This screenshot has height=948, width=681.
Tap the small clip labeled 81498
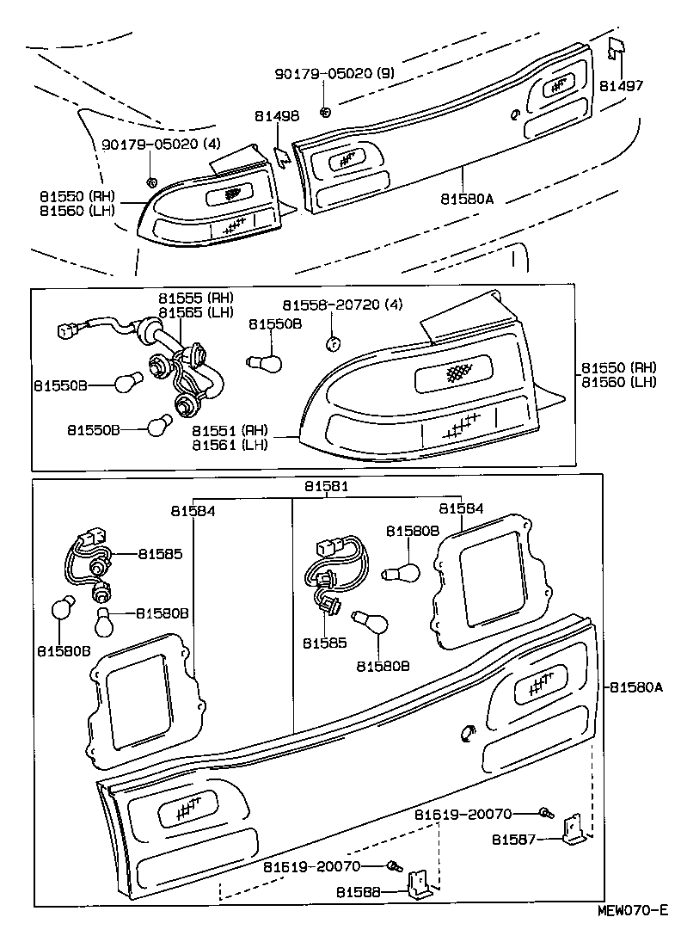tap(281, 155)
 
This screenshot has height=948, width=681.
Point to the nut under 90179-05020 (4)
tap(151, 181)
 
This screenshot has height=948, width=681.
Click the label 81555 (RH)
tap(195, 299)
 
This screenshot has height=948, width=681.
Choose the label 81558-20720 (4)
tap(342, 305)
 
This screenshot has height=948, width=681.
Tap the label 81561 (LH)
tap(230, 445)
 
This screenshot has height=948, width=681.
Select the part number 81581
tap(326, 486)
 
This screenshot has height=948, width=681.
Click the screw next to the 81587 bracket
tap(545, 811)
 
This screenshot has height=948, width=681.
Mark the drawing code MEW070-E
tap(634, 910)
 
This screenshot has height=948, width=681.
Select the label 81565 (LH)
tap(195, 312)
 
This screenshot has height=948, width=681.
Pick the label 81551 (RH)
tap(230, 430)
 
